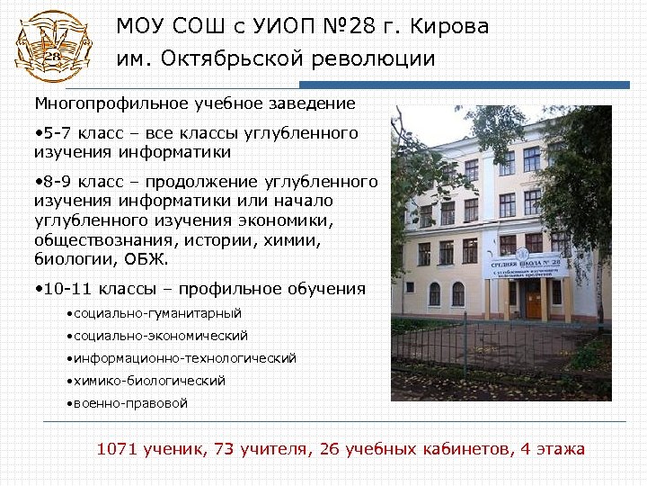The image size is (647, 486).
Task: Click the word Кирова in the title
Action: [456, 27]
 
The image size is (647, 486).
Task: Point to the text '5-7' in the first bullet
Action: [57, 133]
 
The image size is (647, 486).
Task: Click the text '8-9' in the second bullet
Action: [57, 182]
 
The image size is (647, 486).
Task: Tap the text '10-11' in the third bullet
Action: [67, 289]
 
